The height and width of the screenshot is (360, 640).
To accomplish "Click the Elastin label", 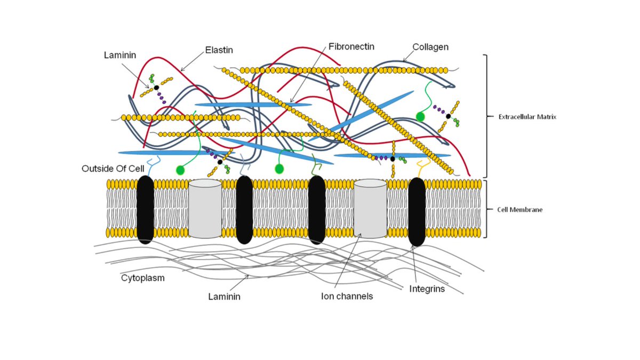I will click(x=219, y=51).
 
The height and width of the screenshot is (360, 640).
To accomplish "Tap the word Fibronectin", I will click(x=352, y=46).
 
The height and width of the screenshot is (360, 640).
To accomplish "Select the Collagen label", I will click(x=430, y=47).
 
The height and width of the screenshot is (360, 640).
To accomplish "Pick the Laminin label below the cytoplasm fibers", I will click(x=224, y=296).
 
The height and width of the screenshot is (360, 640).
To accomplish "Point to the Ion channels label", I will click(x=347, y=296).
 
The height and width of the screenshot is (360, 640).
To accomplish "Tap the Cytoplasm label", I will click(x=142, y=278).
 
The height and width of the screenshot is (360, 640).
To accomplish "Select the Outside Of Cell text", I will click(x=113, y=169).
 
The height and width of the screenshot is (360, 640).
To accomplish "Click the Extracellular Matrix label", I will click(x=527, y=116).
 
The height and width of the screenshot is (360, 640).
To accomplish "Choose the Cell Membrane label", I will click(x=519, y=210).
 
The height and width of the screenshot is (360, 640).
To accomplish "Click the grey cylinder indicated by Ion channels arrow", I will click(x=370, y=208).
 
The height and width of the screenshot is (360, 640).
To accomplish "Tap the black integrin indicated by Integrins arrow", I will click(x=417, y=212).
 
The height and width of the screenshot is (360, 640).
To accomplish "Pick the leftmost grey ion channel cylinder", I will click(x=205, y=208).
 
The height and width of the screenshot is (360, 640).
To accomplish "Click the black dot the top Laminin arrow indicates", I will click(x=156, y=88).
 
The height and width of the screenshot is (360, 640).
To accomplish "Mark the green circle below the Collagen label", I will click(x=420, y=116).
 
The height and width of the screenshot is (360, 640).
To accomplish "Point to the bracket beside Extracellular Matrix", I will click(x=485, y=116).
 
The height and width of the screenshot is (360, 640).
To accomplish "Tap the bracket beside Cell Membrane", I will click(x=485, y=210).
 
